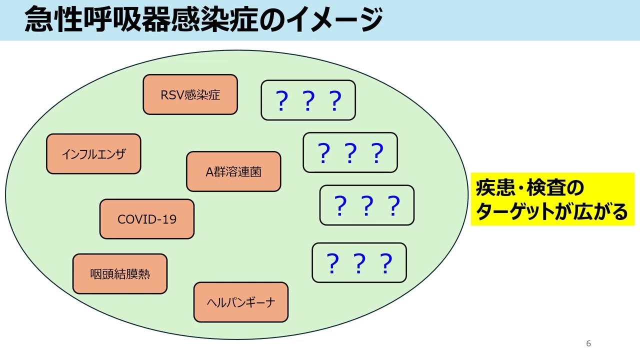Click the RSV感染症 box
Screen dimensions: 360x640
190,94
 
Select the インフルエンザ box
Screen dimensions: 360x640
93,154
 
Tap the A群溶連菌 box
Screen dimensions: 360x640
233,171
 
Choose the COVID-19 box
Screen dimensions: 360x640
147,219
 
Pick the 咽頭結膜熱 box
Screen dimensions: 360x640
120,273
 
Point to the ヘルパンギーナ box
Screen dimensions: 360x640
240,302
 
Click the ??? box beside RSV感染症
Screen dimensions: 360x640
308,100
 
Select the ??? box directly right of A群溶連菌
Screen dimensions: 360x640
350,152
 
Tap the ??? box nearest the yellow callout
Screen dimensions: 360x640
366,205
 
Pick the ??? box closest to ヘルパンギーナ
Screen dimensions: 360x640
359,263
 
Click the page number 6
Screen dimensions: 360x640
588,343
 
